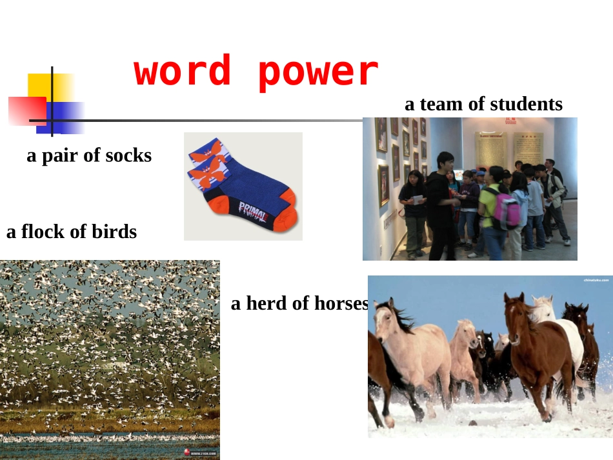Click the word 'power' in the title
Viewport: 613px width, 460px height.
(318, 72)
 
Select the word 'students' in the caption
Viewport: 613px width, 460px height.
(526, 104)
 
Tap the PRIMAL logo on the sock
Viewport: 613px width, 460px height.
(254, 209)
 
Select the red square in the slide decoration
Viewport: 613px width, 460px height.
(27, 110)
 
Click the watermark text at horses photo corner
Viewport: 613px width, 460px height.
(595, 281)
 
